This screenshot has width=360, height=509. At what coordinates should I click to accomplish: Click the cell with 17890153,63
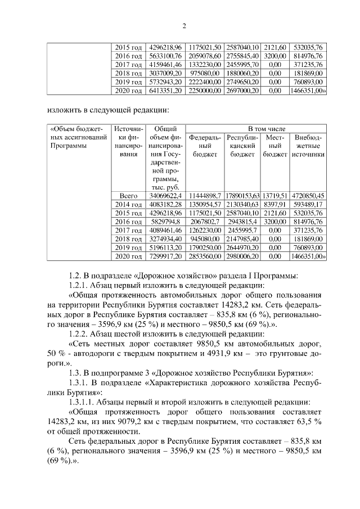tap(242, 196)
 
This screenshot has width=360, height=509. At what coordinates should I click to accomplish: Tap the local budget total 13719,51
tap(275, 196)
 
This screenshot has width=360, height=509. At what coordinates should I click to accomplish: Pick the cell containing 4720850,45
tap(308, 196)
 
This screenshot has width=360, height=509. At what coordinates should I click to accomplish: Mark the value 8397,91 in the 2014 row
tap(275, 204)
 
